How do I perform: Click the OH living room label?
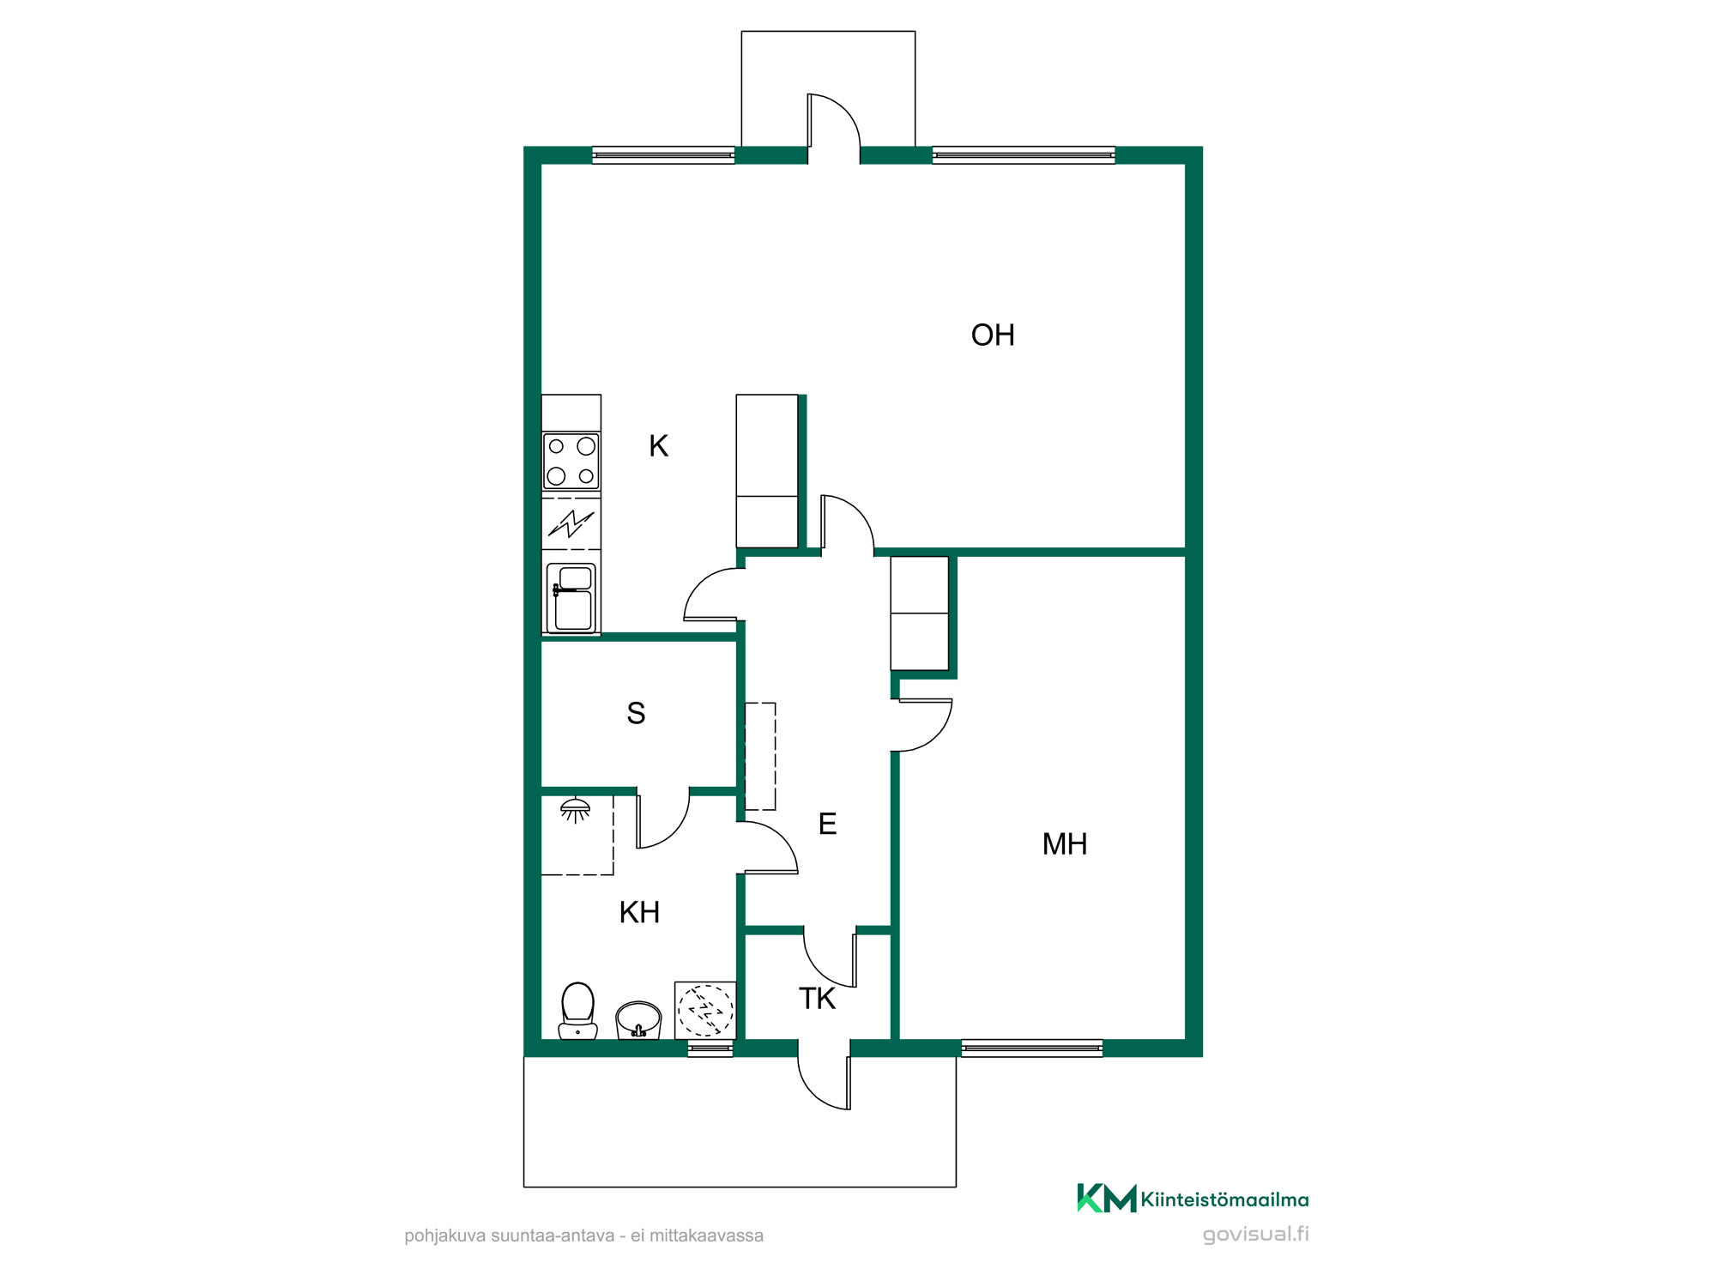993,335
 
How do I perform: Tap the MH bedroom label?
1065,844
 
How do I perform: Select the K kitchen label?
658,446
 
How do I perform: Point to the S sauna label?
636,713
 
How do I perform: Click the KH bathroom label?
639,912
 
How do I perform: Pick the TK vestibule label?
817,999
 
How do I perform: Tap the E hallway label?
827,824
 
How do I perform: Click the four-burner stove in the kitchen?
571,462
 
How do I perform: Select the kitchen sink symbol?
571,598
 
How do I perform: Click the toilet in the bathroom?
578,1011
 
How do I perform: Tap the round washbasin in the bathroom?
638,1020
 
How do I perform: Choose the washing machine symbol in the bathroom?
705,1010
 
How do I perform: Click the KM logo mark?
1107,1198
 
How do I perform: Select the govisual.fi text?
1256,1235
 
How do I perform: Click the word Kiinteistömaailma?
1225,1199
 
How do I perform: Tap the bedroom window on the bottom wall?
1032,1048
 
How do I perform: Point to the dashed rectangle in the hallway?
760,757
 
